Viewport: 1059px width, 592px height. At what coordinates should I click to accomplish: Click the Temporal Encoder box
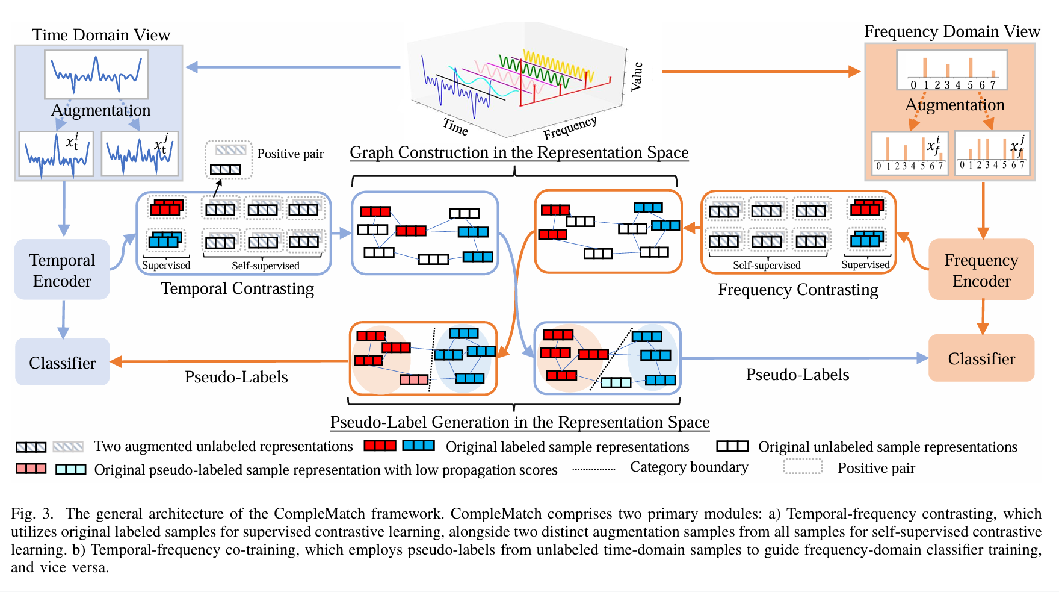[x=62, y=270]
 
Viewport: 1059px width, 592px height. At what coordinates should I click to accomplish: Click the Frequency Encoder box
[x=981, y=270]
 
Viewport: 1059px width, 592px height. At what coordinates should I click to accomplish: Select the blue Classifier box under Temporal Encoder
[x=62, y=363]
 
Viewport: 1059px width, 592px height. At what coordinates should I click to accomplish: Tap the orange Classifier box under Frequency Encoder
[x=981, y=358]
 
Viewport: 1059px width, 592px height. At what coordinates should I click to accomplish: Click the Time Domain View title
[x=101, y=35]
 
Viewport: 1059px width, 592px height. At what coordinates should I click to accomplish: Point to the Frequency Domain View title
[x=952, y=31]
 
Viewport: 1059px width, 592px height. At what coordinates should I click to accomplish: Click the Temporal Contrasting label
[x=237, y=288]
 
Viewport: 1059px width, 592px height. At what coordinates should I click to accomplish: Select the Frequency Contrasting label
[x=798, y=290]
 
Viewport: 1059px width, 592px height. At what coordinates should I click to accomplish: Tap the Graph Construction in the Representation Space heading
[x=519, y=152]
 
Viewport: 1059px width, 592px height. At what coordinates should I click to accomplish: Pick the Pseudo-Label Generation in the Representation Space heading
[x=520, y=422]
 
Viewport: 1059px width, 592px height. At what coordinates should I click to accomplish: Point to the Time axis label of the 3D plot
[x=455, y=126]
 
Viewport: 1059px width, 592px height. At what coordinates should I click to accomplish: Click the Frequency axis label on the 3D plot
[x=570, y=127]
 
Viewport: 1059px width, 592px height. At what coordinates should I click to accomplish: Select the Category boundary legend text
[x=689, y=467]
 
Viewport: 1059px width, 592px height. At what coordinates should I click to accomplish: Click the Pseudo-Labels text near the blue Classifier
[x=236, y=377]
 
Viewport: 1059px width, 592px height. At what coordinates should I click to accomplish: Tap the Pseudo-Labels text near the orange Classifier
[x=797, y=375]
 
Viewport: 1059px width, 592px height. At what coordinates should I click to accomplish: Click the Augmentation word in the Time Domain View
[x=100, y=110]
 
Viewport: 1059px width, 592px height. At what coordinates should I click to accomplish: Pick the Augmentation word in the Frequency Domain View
[x=955, y=105]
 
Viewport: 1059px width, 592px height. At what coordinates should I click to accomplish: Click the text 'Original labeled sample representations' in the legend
[x=567, y=447]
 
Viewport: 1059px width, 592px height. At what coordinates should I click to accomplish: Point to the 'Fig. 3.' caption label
[x=32, y=514]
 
